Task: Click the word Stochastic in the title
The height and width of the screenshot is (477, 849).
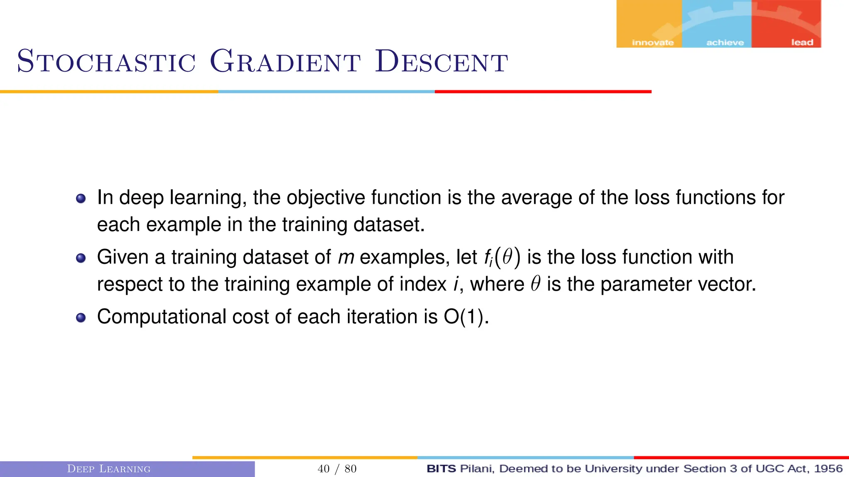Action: click(x=106, y=61)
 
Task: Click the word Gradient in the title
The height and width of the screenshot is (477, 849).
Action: click(x=285, y=61)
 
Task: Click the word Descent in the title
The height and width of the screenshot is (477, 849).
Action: click(x=441, y=61)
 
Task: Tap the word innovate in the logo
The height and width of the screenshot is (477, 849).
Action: click(x=653, y=43)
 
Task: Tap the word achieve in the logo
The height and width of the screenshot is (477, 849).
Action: click(x=725, y=43)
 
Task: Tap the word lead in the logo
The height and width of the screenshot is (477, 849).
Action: click(x=802, y=42)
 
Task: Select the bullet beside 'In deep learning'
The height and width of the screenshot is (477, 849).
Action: click(x=81, y=198)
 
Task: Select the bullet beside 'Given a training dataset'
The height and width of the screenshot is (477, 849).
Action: click(x=81, y=258)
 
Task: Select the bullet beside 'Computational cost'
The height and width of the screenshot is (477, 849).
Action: click(x=81, y=318)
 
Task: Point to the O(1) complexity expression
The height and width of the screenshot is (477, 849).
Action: click(x=466, y=317)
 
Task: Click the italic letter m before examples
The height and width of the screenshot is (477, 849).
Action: click(x=346, y=258)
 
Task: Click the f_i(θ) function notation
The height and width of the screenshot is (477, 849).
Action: click(x=502, y=257)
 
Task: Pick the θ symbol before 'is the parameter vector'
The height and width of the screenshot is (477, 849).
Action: click(x=536, y=284)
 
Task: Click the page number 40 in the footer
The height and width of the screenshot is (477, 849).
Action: click(x=323, y=469)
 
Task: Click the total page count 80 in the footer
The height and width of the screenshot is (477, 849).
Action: click(x=351, y=469)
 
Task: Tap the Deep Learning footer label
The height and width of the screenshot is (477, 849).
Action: click(x=109, y=469)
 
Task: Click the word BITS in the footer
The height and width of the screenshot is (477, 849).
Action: click(x=441, y=469)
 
